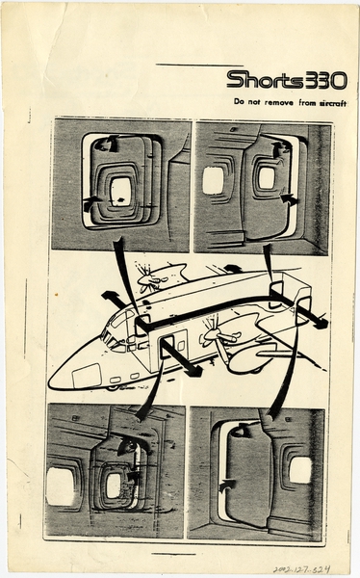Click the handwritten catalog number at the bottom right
(306, 568)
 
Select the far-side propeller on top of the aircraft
(152, 280)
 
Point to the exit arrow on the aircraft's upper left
(115, 299)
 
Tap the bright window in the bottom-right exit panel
(300, 469)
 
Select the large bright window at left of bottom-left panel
(61, 486)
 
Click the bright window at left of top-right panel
(213, 180)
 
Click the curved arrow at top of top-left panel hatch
(103, 144)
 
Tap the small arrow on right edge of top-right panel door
(288, 200)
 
